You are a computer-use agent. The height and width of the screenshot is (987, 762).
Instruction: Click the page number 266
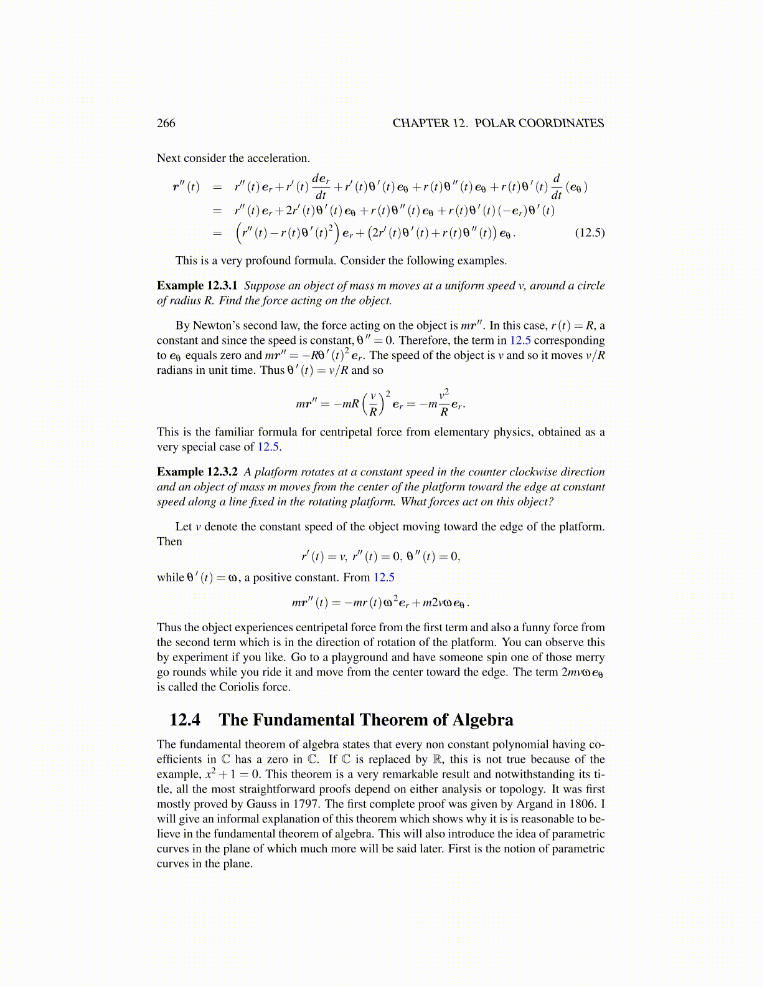point(166,123)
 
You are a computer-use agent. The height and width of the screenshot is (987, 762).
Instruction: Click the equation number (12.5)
point(589,234)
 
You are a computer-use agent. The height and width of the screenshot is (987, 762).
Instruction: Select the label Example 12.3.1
point(197,286)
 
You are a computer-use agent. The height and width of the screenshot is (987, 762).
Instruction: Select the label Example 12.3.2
point(197,472)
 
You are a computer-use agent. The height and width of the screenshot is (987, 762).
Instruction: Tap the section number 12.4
point(185,720)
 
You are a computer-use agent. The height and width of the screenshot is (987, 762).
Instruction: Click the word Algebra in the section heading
point(482,720)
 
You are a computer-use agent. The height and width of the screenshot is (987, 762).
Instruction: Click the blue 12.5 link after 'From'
point(383,578)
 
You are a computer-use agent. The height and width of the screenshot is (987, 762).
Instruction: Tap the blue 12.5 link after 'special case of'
point(268,447)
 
